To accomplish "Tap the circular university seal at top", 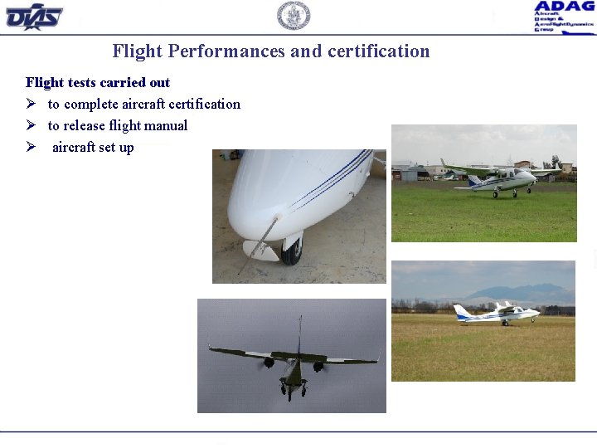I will [293, 15].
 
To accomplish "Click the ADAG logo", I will [564, 16].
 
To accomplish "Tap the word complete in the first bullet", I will [90, 104].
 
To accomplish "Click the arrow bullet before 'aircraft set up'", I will [30, 148].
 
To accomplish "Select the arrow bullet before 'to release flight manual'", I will [30, 126].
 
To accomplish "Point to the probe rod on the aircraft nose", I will [259, 242].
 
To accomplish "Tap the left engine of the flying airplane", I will [269, 363].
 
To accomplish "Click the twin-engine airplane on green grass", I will [494, 178].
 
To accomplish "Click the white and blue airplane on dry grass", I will [497, 313].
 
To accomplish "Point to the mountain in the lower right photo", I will [523, 293].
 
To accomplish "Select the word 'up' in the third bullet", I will [126, 148].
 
